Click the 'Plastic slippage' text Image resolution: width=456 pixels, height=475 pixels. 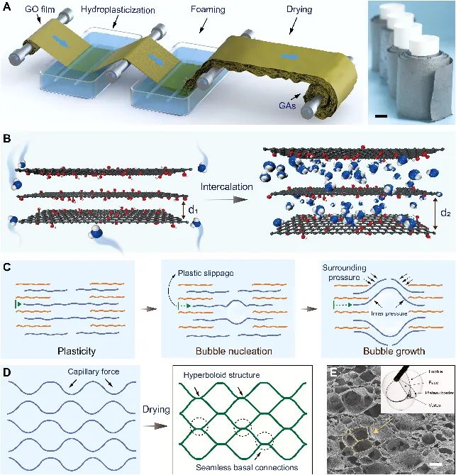click(203, 273)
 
